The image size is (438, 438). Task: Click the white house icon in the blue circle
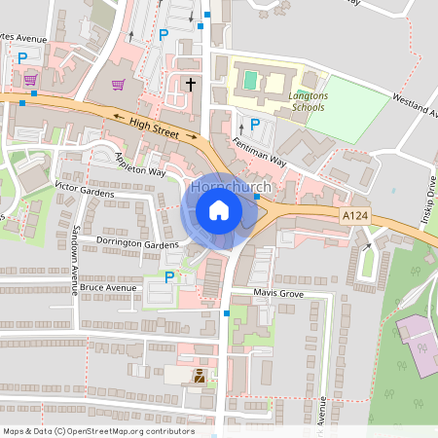[219, 209]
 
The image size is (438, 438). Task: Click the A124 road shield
[355, 213]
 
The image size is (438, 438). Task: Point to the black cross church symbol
[191, 86]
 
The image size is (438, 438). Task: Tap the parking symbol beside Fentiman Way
[255, 124]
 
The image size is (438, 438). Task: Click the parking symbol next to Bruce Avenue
[169, 277]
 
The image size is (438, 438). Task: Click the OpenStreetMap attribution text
[98, 430]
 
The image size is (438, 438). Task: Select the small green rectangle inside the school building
[252, 77]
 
